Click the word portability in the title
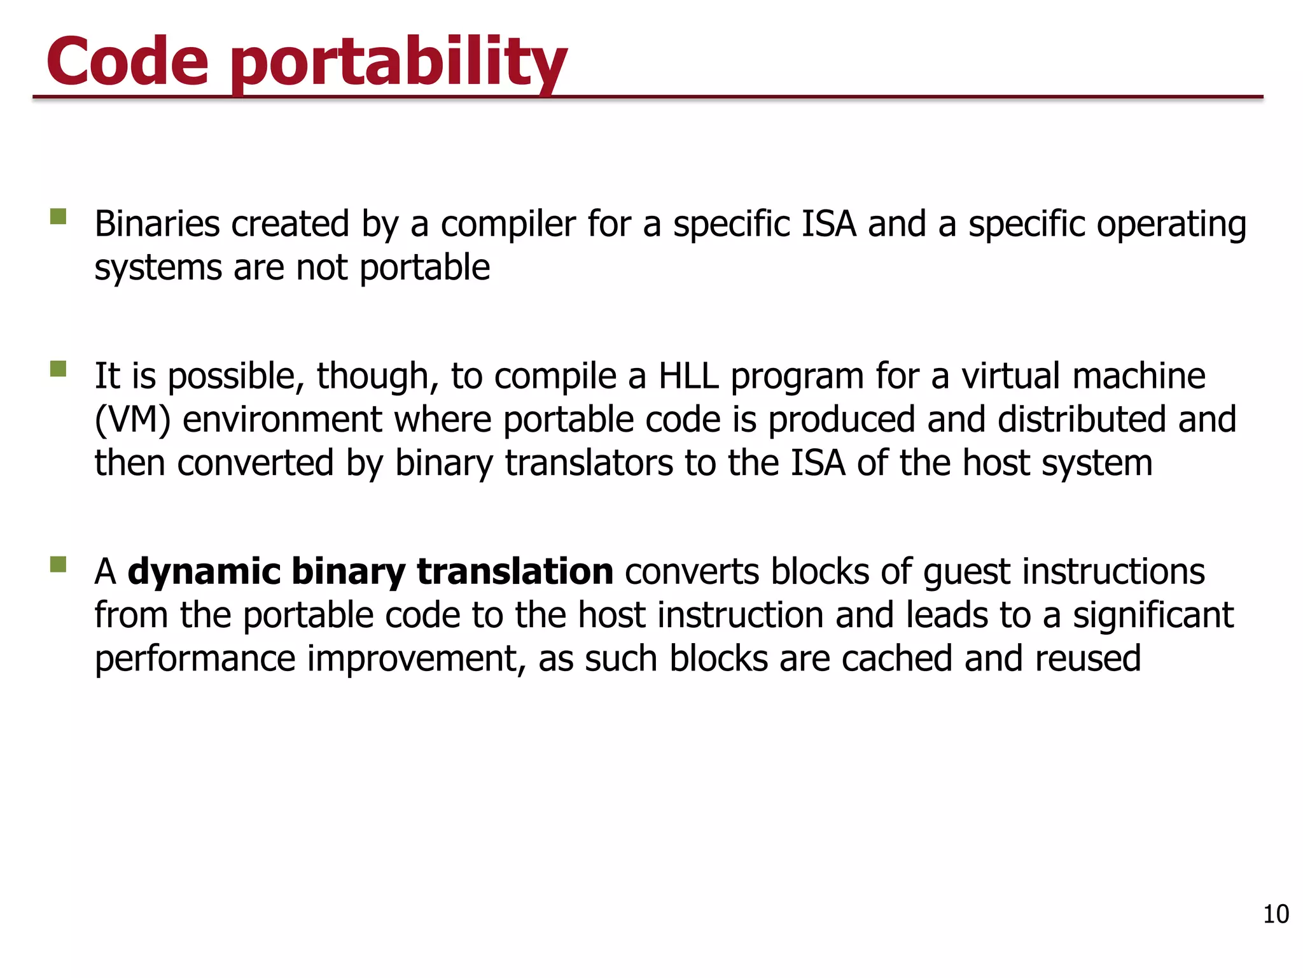point(398,64)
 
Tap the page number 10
point(1275,914)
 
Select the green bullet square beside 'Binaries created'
point(59,217)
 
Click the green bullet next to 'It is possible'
point(59,369)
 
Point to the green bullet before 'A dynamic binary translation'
point(59,565)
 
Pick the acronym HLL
point(688,376)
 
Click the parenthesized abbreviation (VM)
point(132,420)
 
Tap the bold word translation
point(515,571)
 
